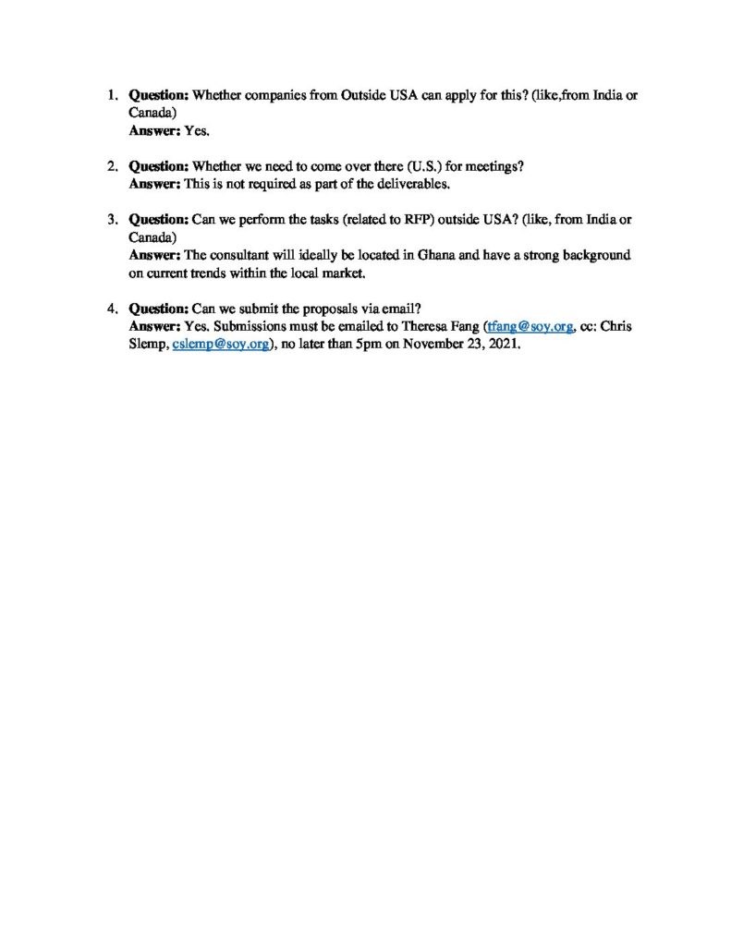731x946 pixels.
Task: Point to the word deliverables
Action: pyautogui.click(x=409, y=185)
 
